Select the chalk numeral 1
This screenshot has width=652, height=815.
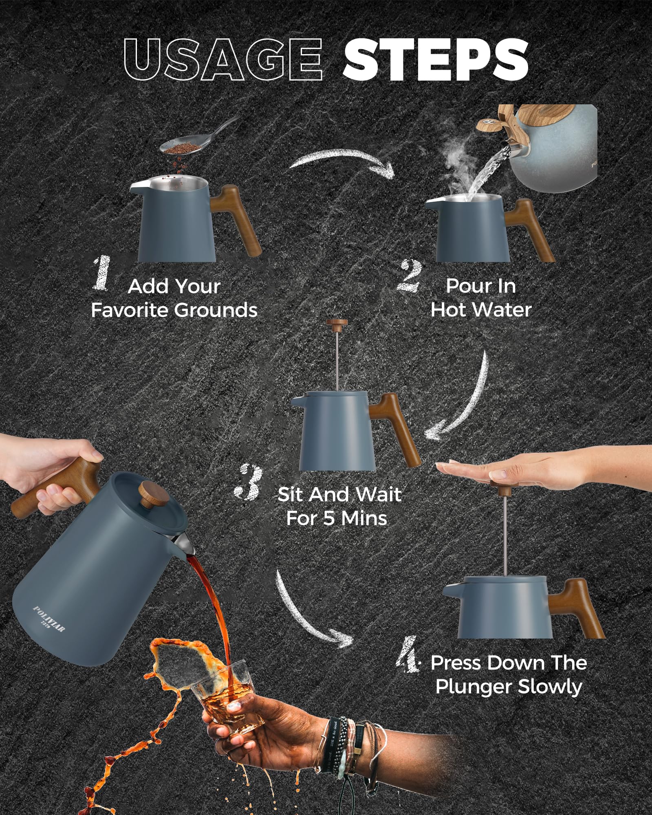coord(101,274)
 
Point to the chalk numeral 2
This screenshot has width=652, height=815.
coord(409,276)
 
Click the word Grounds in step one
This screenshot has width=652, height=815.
coord(216,311)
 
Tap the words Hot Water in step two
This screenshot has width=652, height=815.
coord(481,310)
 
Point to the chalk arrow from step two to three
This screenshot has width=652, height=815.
coord(465,399)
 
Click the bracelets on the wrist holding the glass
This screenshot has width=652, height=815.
coord(346,746)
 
